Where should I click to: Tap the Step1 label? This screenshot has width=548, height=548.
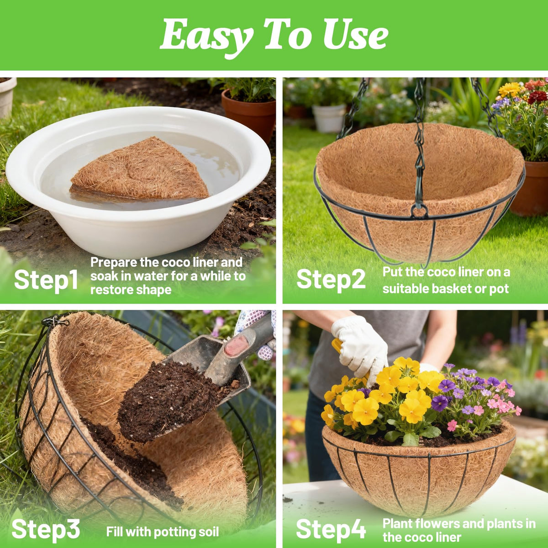click(x=46, y=280)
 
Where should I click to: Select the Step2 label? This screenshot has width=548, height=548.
click(x=331, y=280)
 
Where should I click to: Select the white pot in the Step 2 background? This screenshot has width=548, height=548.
click(x=329, y=118)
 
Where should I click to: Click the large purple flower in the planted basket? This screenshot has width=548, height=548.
click(x=440, y=403)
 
